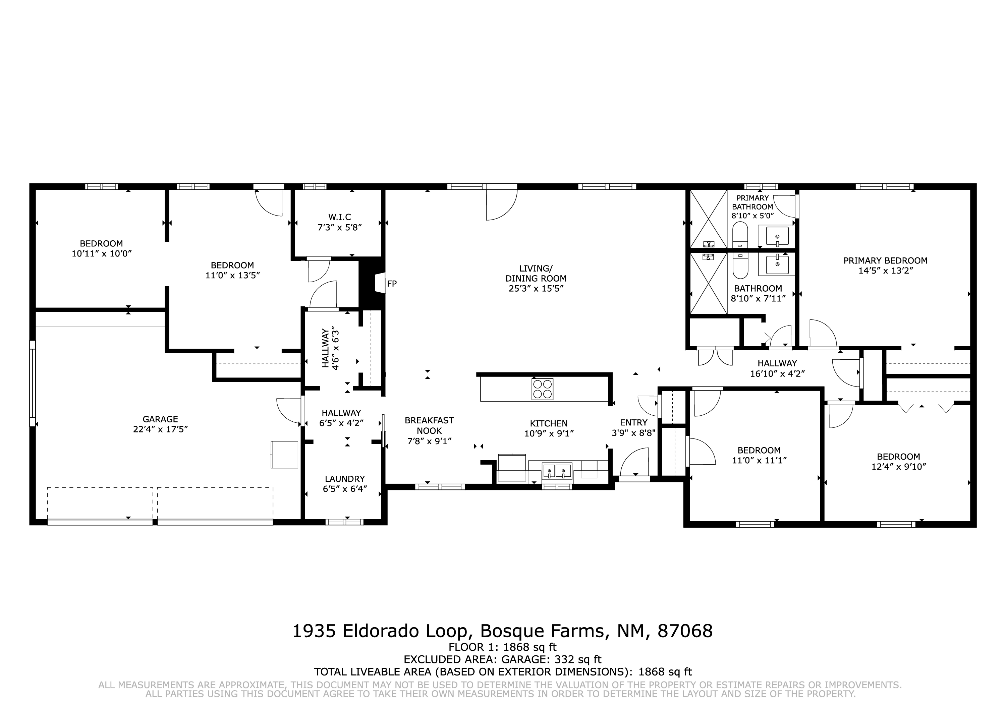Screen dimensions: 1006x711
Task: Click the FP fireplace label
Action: click(392, 284)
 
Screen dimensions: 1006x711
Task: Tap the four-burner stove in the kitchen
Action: click(543, 389)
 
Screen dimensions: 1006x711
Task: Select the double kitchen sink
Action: click(557, 471)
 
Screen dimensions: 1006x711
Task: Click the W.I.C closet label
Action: click(340, 217)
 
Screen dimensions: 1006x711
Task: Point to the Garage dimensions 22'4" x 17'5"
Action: click(160, 429)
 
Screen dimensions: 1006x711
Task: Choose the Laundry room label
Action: click(345, 479)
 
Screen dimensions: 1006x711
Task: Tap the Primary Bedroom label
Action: click(886, 261)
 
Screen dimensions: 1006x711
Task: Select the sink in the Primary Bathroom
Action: click(777, 236)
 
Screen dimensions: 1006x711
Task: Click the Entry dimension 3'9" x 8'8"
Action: click(633, 433)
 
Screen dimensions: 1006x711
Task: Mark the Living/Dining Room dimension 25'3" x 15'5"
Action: click(536, 289)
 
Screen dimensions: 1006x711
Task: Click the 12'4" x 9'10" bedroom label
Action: click(899, 467)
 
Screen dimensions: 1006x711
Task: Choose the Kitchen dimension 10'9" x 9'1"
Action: click(549, 434)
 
